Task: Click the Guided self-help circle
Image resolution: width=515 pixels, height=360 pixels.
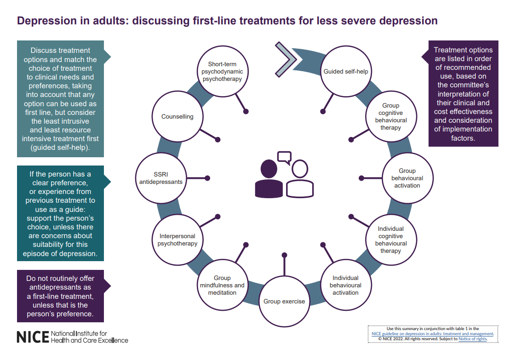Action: point(345,71)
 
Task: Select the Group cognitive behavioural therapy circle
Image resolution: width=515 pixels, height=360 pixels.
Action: point(391,116)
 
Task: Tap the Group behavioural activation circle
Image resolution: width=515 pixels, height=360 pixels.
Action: point(407,178)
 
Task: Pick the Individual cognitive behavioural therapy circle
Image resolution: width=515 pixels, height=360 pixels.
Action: point(391,240)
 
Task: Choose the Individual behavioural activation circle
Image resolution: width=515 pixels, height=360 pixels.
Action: point(345,285)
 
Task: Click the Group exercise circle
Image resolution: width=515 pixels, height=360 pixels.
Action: point(284,301)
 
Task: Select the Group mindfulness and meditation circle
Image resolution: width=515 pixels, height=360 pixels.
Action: point(223,285)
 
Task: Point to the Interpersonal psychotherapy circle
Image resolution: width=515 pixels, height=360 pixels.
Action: point(177,240)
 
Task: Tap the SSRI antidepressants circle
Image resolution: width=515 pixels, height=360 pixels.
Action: point(161,178)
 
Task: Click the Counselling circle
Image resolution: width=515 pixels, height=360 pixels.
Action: point(177,116)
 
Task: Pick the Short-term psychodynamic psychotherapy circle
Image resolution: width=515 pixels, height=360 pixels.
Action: point(223,71)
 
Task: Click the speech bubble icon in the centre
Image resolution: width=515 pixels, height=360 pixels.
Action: point(285,157)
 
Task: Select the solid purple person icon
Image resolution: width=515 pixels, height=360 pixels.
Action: point(269,179)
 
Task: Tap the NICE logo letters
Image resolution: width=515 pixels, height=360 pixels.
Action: point(33,337)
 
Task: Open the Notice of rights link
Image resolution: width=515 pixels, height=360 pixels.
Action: point(473,339)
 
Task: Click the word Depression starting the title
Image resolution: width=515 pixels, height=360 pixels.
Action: point(46,21)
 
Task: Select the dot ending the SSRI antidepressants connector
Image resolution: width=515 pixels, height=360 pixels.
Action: point(207,178)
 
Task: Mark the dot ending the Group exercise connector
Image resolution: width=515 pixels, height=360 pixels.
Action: point(285,255)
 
